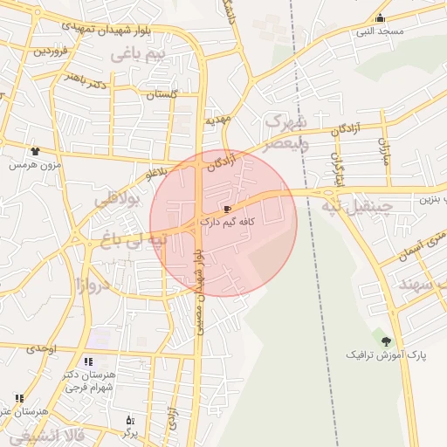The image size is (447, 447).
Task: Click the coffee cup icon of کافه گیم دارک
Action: pyautogui.click(x=228, y=210)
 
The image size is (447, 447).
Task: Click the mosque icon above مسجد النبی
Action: pyautogui.click(x=379, y=19)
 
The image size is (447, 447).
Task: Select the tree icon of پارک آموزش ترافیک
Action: pyautogui.click(x=386, y=341)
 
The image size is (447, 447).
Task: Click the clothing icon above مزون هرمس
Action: pyautogui.click(x=35, y=151)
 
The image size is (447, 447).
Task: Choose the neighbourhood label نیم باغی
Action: pyautogui.click(x=137, y=55)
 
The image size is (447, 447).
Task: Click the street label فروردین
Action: pyautogui.click(x=51, y=51)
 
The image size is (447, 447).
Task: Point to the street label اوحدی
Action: pyautogui.click(x=41, y=348)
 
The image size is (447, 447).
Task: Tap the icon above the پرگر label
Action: pyautogui.click(x=130, y=420)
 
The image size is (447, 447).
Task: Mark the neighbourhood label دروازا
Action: pyautogui.click(x=91, y=285)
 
